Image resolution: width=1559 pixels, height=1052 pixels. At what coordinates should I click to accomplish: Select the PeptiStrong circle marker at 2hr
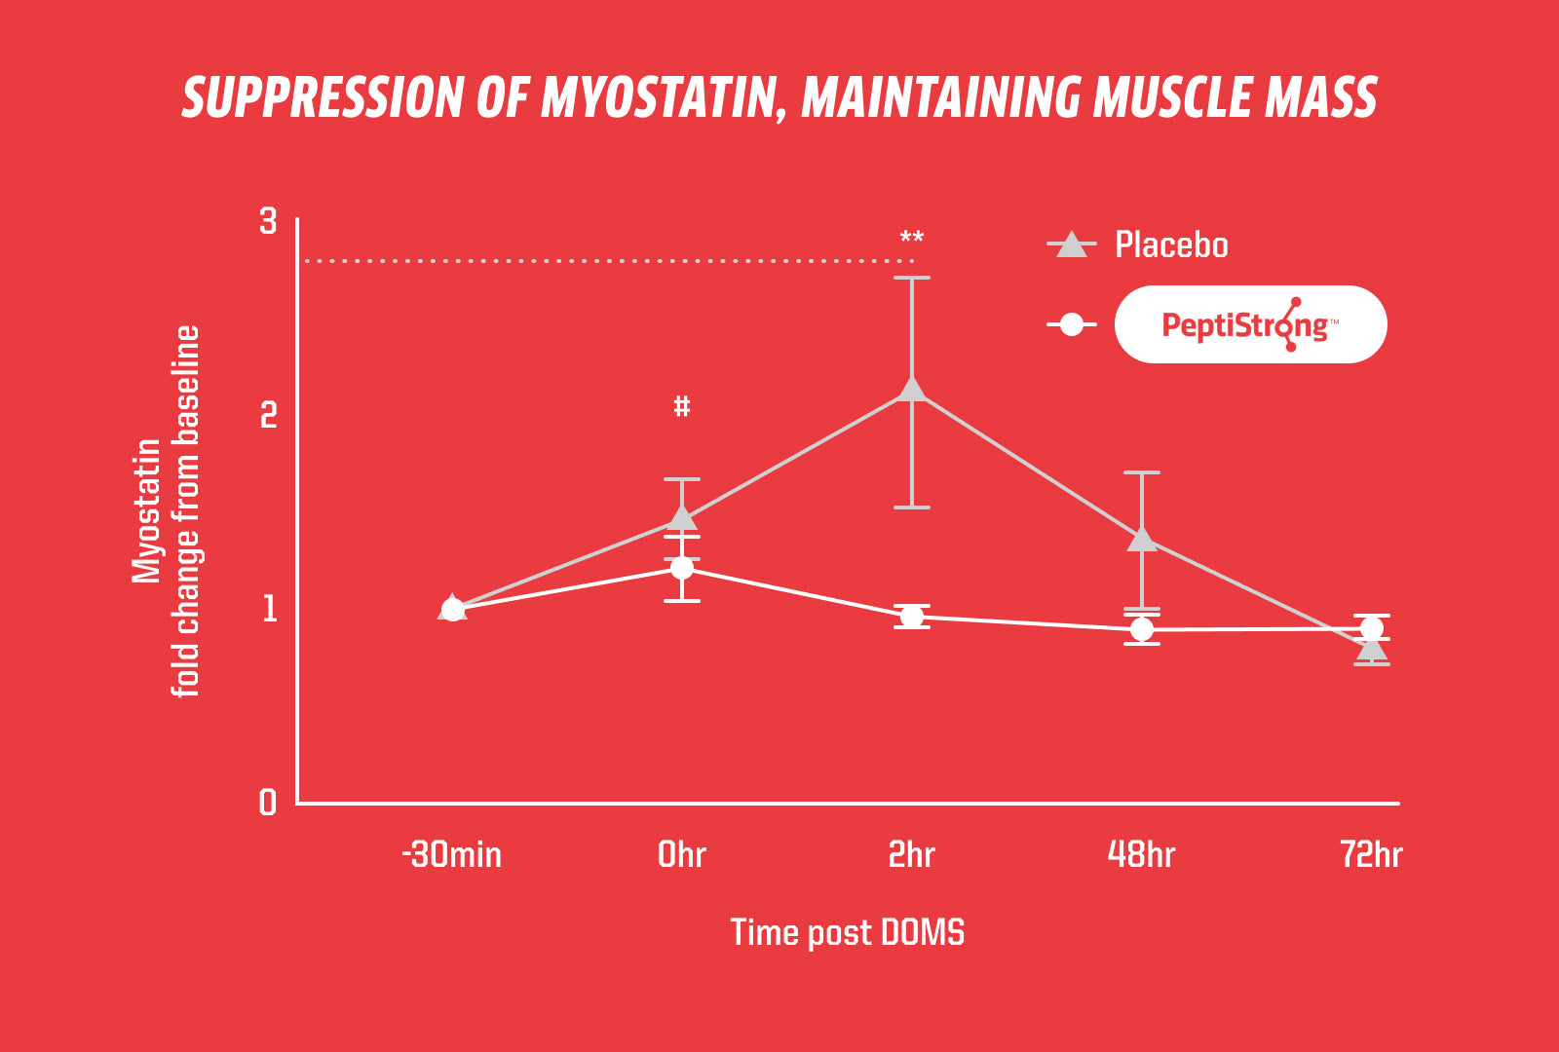tap(912, 617)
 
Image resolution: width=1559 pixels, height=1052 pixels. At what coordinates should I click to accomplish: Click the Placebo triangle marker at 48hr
tap(1142, 539)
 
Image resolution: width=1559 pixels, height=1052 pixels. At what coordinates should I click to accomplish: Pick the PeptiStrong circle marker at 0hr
tap(682, 568)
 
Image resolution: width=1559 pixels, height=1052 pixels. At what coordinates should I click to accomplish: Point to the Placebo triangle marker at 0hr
tap(682, 518)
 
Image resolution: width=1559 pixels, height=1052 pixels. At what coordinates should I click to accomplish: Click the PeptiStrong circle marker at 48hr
tap(1142, 630)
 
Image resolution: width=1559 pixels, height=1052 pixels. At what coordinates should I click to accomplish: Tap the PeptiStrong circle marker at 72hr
tap(1372, 628)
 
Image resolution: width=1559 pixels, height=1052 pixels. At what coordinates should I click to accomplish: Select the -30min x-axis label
tap(452, 855)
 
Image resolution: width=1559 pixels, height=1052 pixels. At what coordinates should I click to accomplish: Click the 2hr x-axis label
tap(912, 855)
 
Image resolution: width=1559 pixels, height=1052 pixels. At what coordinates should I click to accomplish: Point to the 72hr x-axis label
tap(1372, 855)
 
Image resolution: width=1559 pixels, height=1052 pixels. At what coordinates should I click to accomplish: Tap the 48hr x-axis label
tap(1142, 855)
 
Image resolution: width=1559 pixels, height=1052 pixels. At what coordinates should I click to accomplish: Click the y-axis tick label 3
tap(268, 222)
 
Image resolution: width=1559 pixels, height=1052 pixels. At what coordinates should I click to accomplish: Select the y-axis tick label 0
tap(268, 803)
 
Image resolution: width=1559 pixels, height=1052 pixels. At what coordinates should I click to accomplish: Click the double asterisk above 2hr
tap(912, 239)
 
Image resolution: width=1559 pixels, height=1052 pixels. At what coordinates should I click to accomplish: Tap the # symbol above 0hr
tap(682, 406)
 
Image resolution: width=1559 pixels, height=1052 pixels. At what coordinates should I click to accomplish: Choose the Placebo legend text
tap(1171, 245)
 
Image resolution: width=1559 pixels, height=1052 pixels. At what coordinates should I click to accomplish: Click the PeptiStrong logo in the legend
tap(1250, 324)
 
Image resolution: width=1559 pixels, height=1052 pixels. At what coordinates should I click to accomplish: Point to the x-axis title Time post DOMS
tap(848, 933)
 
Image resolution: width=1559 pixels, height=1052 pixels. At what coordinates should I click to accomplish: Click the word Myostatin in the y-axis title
tap(146, 511)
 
